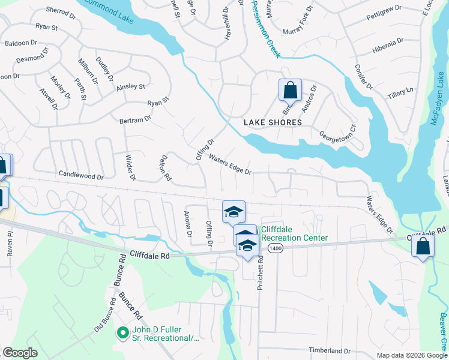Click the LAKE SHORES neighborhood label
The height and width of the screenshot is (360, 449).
pyautogui.click(x=273, y=122)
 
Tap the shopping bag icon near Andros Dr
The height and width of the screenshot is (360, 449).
pyautogui.click(x=290, y=91)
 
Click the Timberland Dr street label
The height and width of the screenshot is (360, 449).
pyautogui.click(x=330, y=350)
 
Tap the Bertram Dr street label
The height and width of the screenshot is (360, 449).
pyautogui.click(x=135, y=120)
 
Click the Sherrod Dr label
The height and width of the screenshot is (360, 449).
pyautogui.click(x=58, y=11)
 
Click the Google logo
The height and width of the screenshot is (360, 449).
pyautogui.click(x=20, y=353)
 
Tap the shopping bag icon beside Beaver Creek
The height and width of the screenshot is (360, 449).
pyautogui.click(x=423, y=246)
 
